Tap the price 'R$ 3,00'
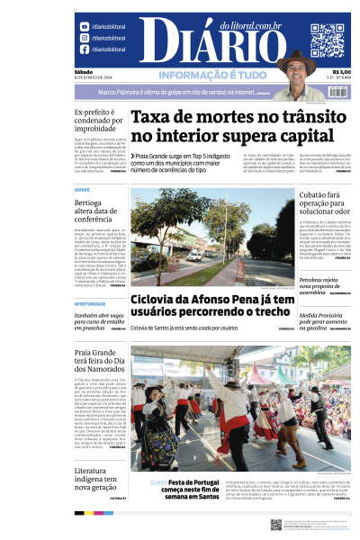tap(341, 73)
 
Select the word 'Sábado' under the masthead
tap(84, 72)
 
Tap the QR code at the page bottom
tap(276, 525)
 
